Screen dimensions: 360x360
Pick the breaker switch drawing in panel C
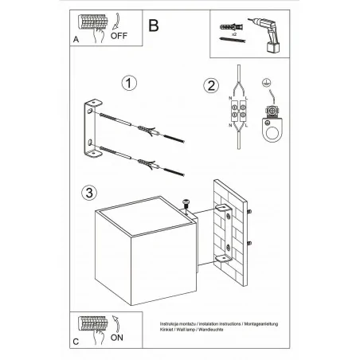click(93, 324)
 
